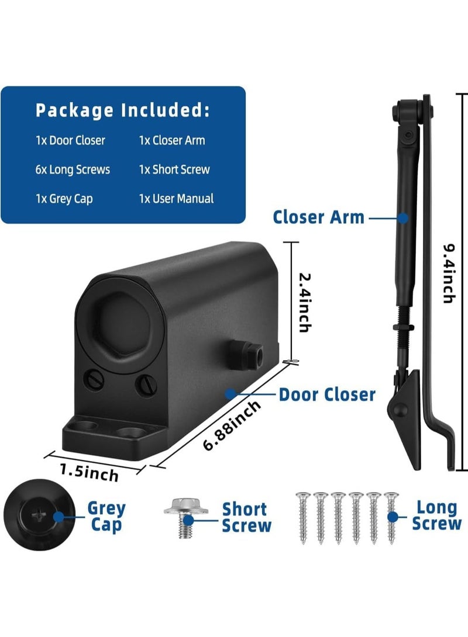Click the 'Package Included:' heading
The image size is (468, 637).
click(x=123, y=110)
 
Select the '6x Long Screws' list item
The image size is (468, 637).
click(x=73, y=169)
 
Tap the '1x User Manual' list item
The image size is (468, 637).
click(x=176, y=198)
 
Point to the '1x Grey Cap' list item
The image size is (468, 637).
click(x=64, y=199)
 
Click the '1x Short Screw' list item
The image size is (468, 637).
click(x=174, y=169)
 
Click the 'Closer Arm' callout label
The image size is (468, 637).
click(x=318, y=217)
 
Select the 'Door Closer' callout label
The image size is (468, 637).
click(x=327, y=395)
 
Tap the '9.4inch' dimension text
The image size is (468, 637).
click(x=449, y=274)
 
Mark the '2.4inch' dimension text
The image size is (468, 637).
click(x=305, y=303)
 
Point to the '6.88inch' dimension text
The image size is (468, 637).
click(x=232, y=425)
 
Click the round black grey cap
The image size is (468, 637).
click(x=39, y=515)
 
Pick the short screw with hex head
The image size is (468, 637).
click(x=185, y=517)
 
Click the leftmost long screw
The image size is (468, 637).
click(x=303, y=518)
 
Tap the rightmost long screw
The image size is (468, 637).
click(x=391, y=518)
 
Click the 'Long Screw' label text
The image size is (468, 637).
click(x=436, y=515)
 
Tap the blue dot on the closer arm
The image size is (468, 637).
click(x=403, y=218)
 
